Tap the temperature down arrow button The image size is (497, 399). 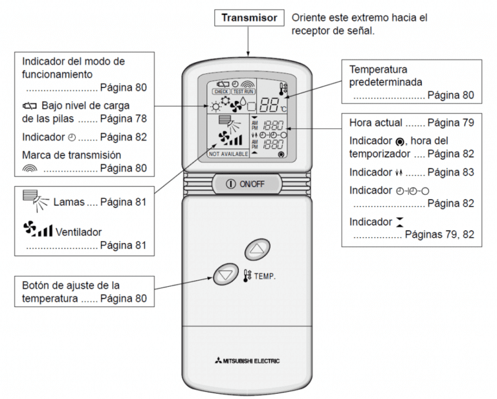pyautogui.click(x=225, y=275)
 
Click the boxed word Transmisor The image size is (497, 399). pyautogui.click(x=248, y=18)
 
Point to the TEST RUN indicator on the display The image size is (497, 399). pyautogui.click(x=242, y=92)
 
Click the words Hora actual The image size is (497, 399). pyautogui.click(x=377, y=122)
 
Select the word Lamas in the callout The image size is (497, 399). pyautogui.click(x=67, y=202)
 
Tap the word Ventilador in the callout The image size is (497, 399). pyautogui.click(x=78, y=231)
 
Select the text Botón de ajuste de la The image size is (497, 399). pyautogui.click(x=71, y=285)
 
